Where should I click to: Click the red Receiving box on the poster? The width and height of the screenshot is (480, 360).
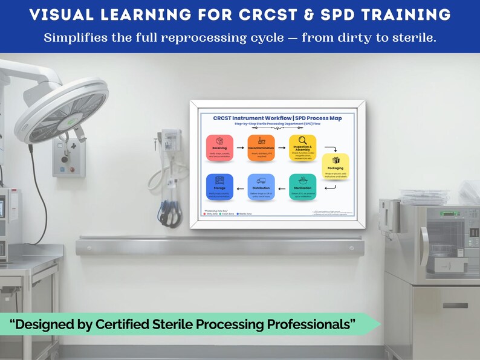[219, 147]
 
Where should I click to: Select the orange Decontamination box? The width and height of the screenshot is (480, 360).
[261, 147]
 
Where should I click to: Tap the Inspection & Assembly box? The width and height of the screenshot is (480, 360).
[302, 148]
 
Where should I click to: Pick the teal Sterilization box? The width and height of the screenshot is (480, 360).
[302, 187]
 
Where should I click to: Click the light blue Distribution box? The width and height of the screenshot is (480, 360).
[261, 187]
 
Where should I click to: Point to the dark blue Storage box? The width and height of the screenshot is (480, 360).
[219, 187]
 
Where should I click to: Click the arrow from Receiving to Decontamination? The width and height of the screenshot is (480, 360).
[240, 147]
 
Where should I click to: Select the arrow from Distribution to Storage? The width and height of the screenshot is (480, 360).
[240, 188]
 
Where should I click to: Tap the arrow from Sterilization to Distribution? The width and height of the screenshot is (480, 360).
[282, 188]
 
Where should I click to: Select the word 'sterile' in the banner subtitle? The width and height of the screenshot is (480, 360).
[412, 37]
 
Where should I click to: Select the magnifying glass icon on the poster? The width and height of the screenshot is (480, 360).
[302, 140]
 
